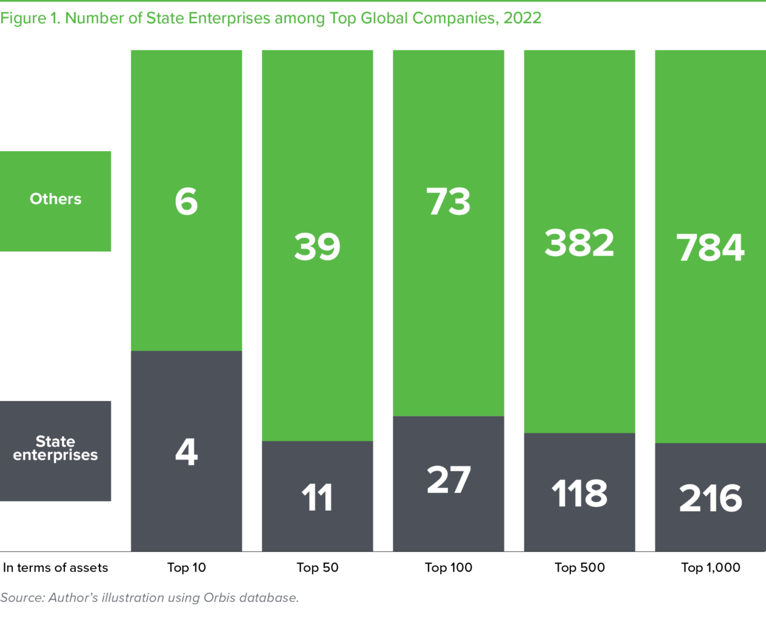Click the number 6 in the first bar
click(x=187, y=201)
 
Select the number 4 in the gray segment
click(x=187, y=452)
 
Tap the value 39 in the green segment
click(x=317, y=247)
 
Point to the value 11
click(x=317, y=498)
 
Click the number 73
click(x=449, y=201)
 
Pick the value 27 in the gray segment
click(x=449, y=480)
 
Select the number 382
click(x=579, y=243)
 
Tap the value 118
click(x=579, y=494)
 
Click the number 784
click(x=710, y=248)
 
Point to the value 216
click(x=710, y=499)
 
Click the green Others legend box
click(x=56, y=201)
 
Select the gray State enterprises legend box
click(x=56, y=450)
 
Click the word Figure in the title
click(x=23, y=18)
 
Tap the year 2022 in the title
click(x=522, y=18)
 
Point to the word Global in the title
click(x=385, y=18)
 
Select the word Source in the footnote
click(x=21, y=598)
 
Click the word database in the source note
click(x=269, y=598)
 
